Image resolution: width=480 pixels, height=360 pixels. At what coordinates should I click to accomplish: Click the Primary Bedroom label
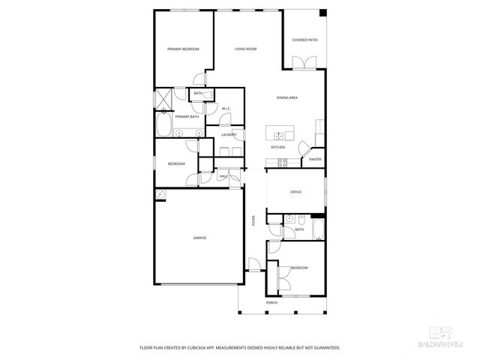pos(183,49)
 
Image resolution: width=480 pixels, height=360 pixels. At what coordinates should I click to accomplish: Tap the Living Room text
pos(245,49)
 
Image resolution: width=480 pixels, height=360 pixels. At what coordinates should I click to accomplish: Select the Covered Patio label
pos(304,40)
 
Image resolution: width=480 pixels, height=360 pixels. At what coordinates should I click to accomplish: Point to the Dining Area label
pos(287,97)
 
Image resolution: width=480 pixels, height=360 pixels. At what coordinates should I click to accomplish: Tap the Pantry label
pos(315,159)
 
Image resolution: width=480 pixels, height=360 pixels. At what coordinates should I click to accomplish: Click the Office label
pos(295,193)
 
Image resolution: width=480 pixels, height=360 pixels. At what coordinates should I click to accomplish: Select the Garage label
pos(199,238)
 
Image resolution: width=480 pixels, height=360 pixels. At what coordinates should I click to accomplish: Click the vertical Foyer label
pos(253,220)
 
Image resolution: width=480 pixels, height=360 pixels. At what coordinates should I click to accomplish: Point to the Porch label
pos(271,302)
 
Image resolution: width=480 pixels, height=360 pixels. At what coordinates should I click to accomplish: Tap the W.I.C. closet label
pos(226,109)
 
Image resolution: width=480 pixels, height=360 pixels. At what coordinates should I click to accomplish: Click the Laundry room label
pos(229,135)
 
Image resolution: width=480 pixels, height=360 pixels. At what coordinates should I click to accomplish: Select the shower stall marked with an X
pos(163,98)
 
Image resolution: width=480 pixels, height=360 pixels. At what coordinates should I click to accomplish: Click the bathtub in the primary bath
pos(163,122)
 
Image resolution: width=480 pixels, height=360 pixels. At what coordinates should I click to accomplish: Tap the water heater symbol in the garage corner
pos(160,194)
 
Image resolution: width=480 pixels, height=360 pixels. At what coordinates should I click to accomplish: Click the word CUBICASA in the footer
pos(202,348)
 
